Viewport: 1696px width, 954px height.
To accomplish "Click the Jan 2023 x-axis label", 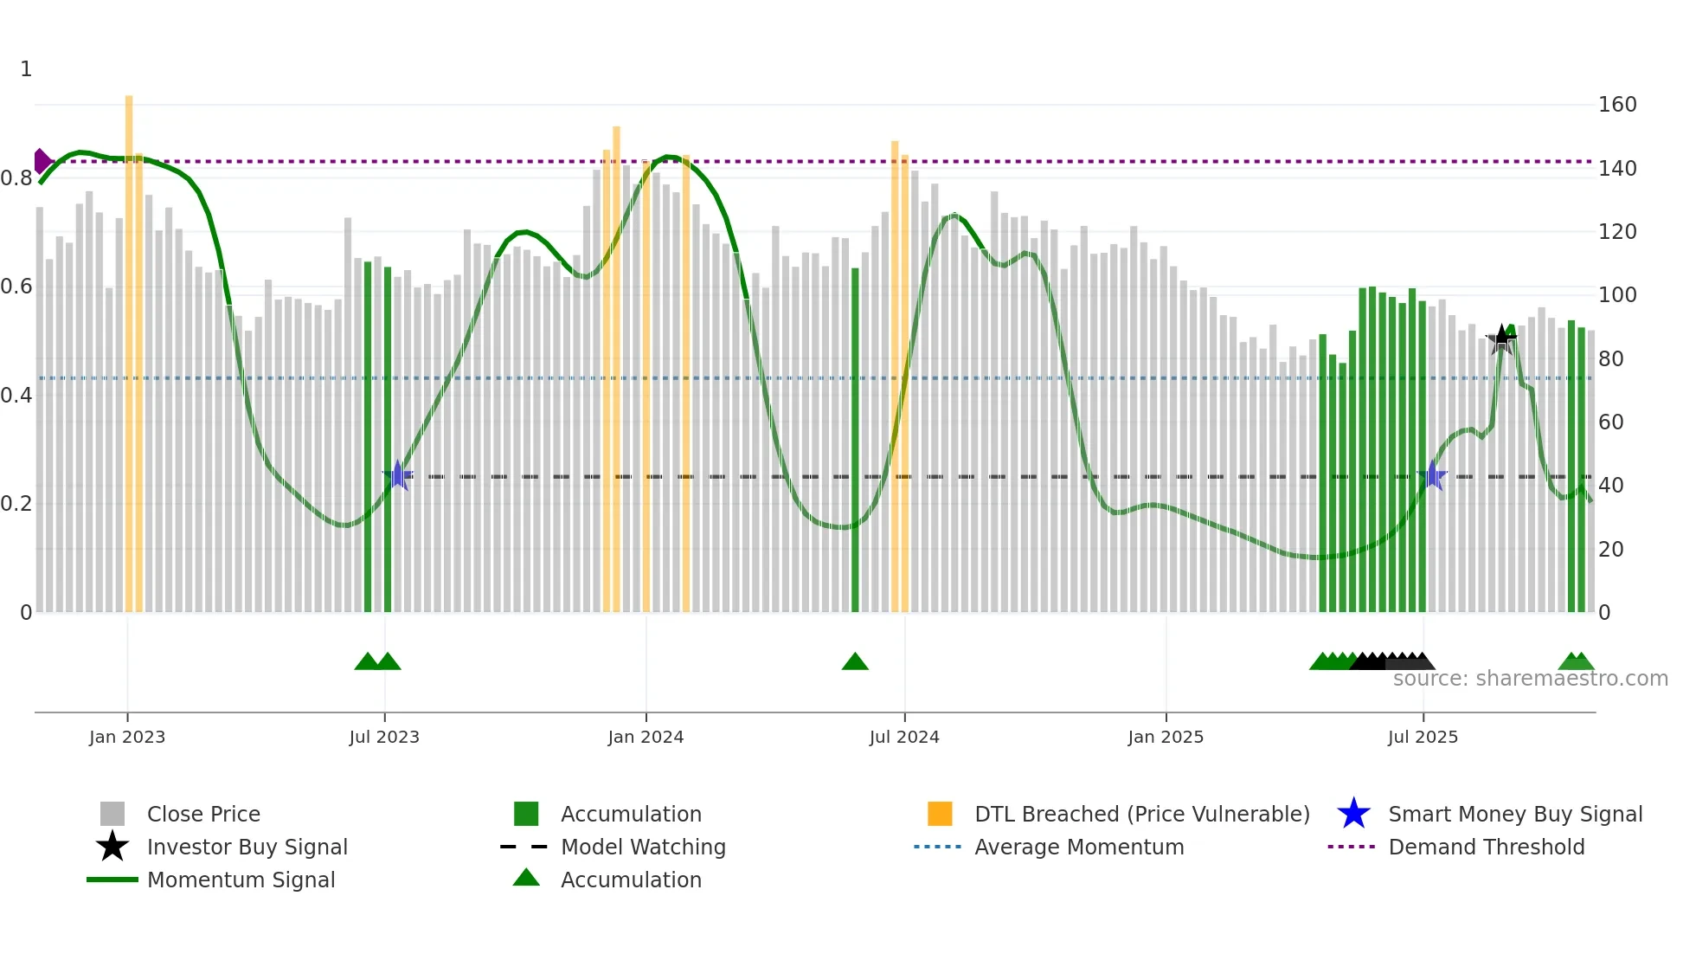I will tap(127, 737).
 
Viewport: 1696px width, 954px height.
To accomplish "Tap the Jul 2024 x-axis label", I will tap(904, 737).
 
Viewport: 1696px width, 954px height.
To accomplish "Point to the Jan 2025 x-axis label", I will tap(1166, 737).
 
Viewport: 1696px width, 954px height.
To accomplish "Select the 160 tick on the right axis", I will tap(1617, 105).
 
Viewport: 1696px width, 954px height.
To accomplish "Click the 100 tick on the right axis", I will tap(1617, 295).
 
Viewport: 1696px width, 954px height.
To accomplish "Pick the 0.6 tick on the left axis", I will tap(16, 287).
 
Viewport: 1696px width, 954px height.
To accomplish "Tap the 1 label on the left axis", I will tap(26, 69).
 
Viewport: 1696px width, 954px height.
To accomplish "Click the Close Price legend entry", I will tap(203, 814).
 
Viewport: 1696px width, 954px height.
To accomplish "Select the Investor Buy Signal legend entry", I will tap(247, 847).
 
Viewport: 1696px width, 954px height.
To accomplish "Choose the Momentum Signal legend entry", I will tap(241, 880).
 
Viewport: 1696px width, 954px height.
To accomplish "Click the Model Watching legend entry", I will tap(643, 847).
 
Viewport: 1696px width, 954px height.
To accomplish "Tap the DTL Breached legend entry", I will tap(1141, 814).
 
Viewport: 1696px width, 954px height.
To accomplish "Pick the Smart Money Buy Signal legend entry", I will tap(1515, 814).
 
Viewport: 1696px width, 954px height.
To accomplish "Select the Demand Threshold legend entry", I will tap(1486, 847).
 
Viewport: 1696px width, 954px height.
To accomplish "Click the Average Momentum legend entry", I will tap(1079, 847).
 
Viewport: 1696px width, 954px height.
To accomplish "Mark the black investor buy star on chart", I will tap(1501, 338).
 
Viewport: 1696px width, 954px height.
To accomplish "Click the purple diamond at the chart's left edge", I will tap(42, 161).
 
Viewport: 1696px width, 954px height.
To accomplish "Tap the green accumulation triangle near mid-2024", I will tap(855, 662).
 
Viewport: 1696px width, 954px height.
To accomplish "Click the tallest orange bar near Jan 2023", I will tap(129, 346).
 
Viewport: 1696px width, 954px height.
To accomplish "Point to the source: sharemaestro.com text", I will tap(1530, 679).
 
